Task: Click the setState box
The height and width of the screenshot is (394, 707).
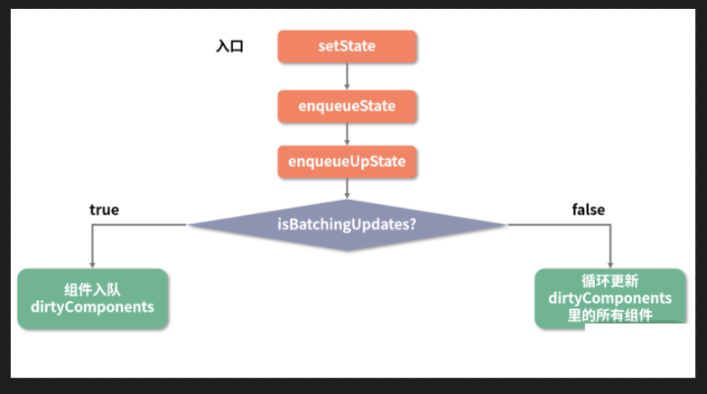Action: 347,46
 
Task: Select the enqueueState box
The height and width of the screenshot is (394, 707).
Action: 347,106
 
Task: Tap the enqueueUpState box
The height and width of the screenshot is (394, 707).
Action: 347,162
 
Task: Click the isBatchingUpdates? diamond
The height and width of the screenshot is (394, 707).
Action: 347,224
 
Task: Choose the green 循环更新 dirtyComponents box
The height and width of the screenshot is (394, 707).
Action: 609,298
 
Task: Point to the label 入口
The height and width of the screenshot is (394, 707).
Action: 229,46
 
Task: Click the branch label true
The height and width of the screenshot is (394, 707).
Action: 104,210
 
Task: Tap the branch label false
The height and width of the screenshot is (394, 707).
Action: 588,210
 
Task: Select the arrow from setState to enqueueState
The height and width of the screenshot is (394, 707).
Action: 348,76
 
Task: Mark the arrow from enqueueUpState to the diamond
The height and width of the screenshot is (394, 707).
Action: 348,188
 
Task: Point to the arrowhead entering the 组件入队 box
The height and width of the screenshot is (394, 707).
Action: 92,263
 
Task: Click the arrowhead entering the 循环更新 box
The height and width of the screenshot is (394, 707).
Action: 610,263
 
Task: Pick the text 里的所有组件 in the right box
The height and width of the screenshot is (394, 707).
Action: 609,314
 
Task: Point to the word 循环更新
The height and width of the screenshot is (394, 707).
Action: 609,281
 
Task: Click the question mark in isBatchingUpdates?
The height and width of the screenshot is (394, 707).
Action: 413,224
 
